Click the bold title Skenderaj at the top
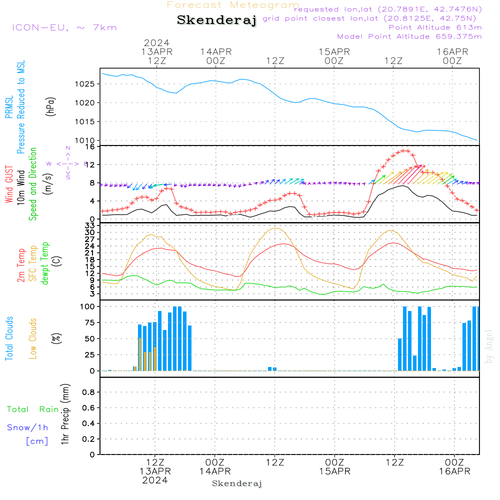(216, 20)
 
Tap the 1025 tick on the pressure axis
(85, 83)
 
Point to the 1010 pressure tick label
(85, 140)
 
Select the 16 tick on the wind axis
(90, 146)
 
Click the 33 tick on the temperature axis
(90, 225)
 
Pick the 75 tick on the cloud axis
(88, 322)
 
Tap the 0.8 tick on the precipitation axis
(88, 392)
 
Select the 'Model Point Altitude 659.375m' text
(409, 36)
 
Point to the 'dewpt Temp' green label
(45, 264)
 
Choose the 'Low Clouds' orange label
(33, 338)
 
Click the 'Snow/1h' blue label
(28, 427)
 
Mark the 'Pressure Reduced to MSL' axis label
(21, 107)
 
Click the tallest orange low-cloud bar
(139, 354)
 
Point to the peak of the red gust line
(404, 150)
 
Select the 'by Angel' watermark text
(489, 346)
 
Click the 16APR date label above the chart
(451, 52)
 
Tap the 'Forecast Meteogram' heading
(233, 5)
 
